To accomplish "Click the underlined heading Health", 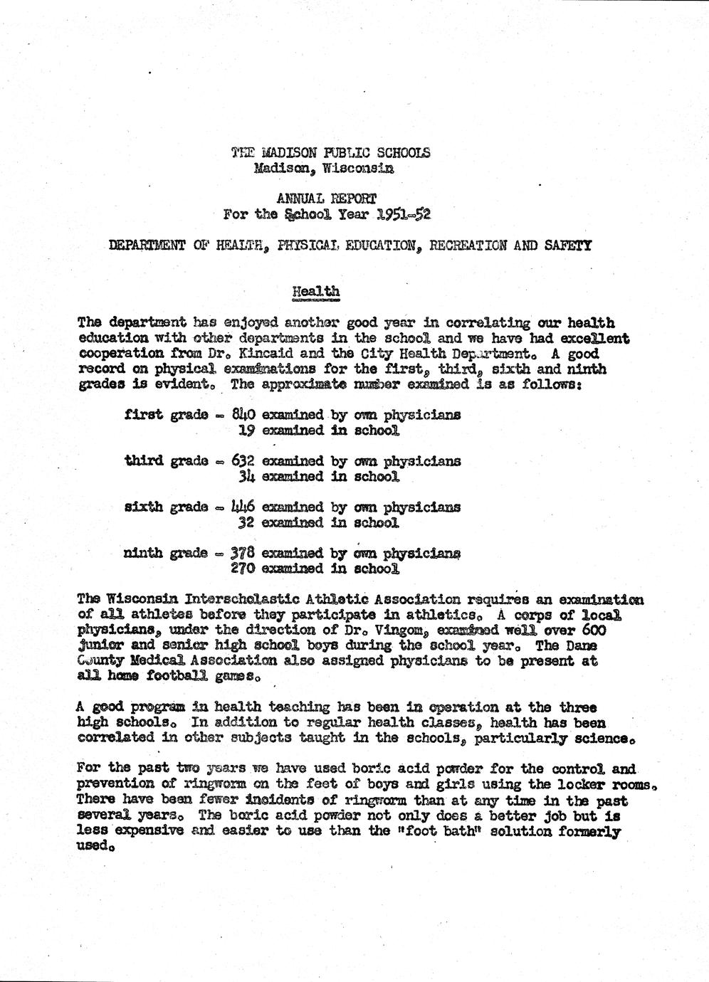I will pyautogui.click(x=316, y=291).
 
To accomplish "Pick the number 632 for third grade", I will pyautogui.click(x=244, y=461).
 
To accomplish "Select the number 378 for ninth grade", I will pyautogui.click(x=244, y=553).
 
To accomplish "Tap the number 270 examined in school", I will pyautogui.click(x=244, y=569).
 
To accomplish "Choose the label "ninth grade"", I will pyautogui.click(x=165, y=554).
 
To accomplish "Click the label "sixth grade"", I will pyautogui.click(x=165, y=507).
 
